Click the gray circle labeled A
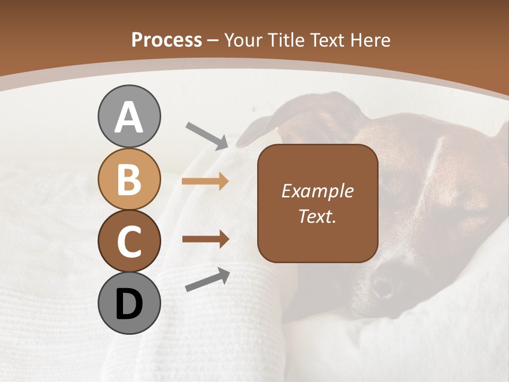click(x=129, y=116)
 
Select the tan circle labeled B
click(x=129, y=179)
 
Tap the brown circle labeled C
click(x=129, y=241)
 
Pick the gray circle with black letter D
click(x=129, y=303)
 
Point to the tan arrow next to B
click(x=205, y=181)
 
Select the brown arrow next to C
click(x=205, y=239)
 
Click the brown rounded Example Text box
click(x=317, y=203)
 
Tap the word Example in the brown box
click(x=317, y=191)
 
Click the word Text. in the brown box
click(x=317, y=216)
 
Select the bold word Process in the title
click(x=166, y=40)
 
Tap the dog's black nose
click(x=383, y=287)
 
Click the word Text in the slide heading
click(x=329, y=40)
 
